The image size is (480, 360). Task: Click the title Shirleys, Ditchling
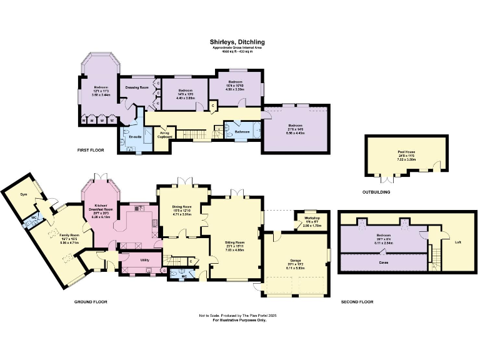point(239,43)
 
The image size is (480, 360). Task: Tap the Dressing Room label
point(136,87)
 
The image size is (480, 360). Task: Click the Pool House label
point(407,152)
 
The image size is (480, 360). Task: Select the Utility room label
point(143,259)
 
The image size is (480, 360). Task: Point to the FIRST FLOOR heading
point(91,151)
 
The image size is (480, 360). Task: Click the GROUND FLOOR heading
point(91,301)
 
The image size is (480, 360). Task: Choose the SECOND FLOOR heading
point(357,301)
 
